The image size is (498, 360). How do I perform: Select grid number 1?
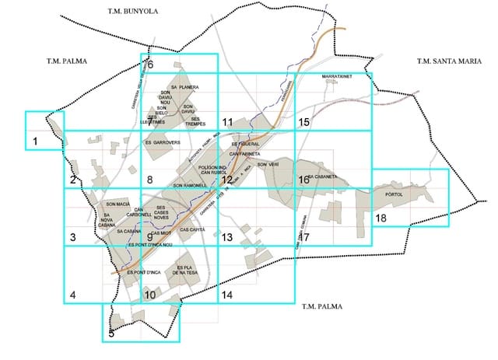[x=35, y=141]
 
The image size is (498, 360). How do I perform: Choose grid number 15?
[x=303, y=122]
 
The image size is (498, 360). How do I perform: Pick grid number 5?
[x=111, y=333]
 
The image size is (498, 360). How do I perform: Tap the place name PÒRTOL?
[x=395, y=195]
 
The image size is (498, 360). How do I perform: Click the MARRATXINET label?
[x=336, y=77]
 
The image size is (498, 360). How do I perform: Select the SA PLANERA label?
[x=185, y=87]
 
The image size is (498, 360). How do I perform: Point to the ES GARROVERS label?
[x=163, y=142]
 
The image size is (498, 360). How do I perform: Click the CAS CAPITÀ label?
[x=191, y=229]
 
